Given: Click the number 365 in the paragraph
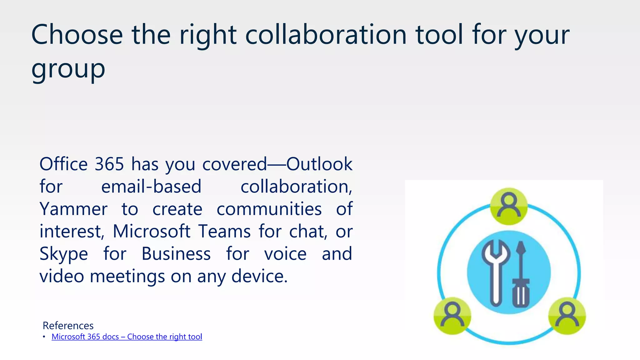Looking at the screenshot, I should pos(109,164).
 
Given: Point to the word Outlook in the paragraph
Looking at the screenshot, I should pos(319,164).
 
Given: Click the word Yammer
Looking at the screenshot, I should pos(73,209).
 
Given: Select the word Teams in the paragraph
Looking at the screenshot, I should pos(224,232).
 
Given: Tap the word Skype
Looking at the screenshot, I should pos(64,254).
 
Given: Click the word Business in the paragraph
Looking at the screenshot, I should pos(176,254).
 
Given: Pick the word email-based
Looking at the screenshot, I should pos(151,187).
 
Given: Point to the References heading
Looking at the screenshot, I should pos(68,326).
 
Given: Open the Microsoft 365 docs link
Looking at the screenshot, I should pos(127,337).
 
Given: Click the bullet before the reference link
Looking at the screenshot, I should pos(44,337).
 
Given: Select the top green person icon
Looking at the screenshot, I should pos(509,206).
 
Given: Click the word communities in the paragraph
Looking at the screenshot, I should pos(269,209).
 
